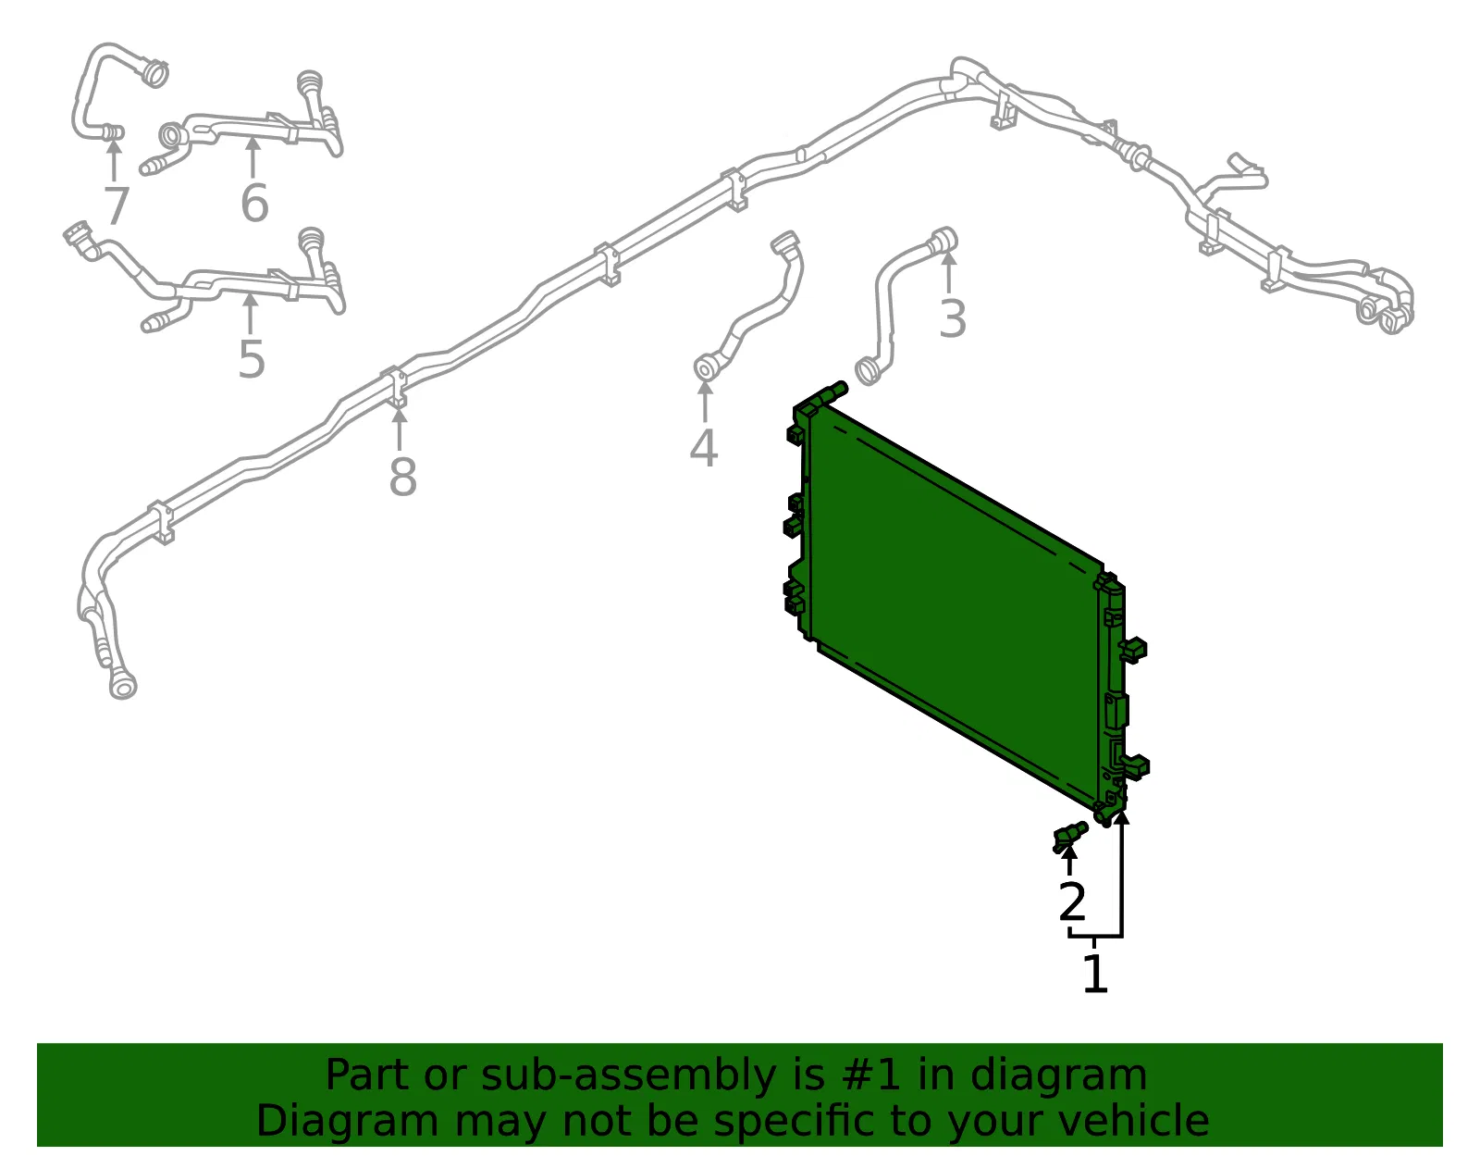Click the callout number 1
pos(1095,974)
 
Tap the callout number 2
pos(1073,901)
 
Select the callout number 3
pos(952,318)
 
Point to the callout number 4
pos(704,448)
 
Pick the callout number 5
pos(252,359)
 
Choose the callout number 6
pos(254,203)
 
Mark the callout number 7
pos(117,205)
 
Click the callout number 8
pos(402,477)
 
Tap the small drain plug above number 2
pos(1070,836)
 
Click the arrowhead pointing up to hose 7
pos(115,146)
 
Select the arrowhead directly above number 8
pos(400,416)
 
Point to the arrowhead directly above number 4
pos(705,388)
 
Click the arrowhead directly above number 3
pos(949,258)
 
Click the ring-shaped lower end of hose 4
pos(707,367)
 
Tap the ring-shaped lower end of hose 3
pos(869,371)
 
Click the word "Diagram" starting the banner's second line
pos(348,1121)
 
